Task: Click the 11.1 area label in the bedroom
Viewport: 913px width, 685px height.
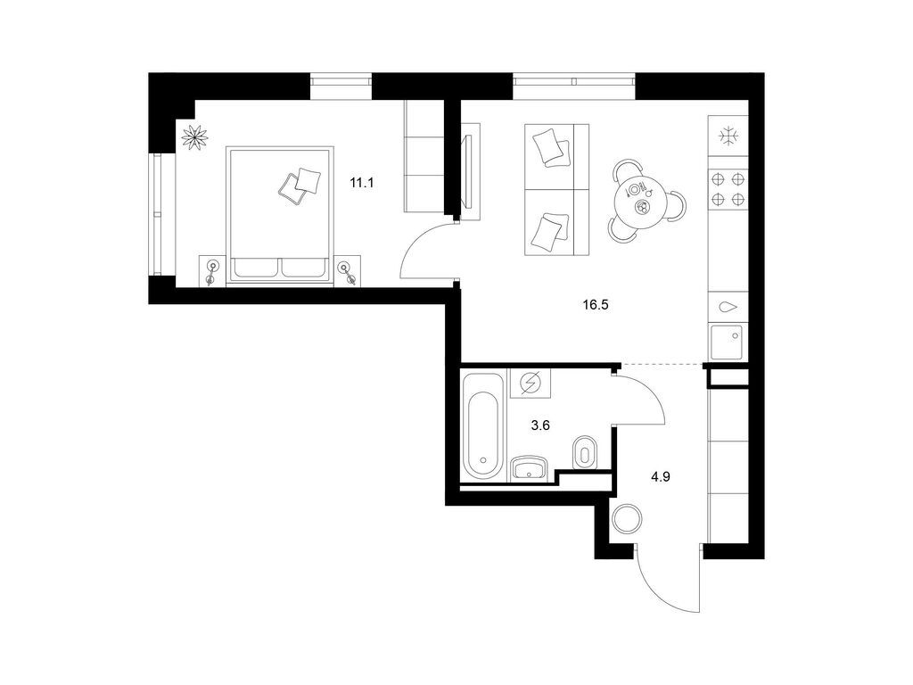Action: tap(361, 183)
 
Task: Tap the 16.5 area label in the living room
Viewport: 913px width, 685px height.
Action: tap(595, 304)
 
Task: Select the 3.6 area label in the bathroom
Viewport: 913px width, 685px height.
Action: tap(540, 425)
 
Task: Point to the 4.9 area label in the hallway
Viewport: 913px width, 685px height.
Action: tap(661, 477)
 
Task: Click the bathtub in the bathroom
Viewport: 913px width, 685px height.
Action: tap(482, 425)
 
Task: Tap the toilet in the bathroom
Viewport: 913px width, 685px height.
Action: tap(584, 452)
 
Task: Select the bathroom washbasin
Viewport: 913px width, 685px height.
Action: tap(529, 467)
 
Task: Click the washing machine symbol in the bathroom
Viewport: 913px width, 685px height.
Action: tap(531, 384)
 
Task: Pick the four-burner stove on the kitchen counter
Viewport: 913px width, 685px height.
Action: tap(728, 189)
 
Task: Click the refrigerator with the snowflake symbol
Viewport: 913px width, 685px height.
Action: tap(728, 136)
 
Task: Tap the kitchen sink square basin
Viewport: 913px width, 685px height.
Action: tap(727, 342)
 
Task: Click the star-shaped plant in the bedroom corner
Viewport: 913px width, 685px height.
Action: tap(194, 136)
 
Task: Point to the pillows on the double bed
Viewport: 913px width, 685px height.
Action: tap(300, 186)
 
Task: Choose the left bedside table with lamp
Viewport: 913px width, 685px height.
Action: tap(212, 271)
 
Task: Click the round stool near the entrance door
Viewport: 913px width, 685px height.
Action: tap(627, 518)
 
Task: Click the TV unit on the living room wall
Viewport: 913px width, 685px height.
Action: tap(471, 172)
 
